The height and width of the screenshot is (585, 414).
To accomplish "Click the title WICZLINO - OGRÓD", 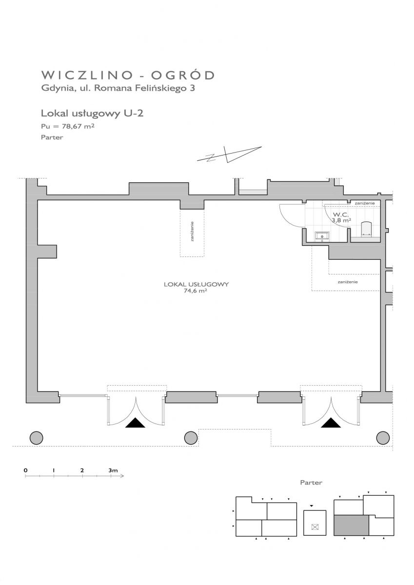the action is (x=128, y=75).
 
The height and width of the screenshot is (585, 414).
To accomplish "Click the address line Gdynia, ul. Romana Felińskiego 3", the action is (x=118, y=88).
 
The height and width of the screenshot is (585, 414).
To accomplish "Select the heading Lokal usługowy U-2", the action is (x=92, y=114).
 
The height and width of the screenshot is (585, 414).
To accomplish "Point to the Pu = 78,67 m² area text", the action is (x=68, y=126).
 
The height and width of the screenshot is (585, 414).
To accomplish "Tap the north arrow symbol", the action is (x=229, y=155).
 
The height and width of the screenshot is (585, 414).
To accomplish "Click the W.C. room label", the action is (x=340, y=214).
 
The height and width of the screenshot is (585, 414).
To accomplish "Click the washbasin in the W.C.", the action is (x=322, y=236).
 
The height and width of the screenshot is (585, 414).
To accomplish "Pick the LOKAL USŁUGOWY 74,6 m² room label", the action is (x=196, y=287).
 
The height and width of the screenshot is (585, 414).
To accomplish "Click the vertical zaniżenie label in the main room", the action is (x=192, y=232).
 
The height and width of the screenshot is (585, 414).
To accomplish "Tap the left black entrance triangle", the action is (x=135, y=423).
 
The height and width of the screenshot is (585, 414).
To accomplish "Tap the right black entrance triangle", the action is (x=331, y=423).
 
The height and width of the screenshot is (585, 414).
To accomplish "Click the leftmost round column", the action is (x=36, y=438).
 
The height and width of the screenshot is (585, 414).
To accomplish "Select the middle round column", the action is (x=191, y=438).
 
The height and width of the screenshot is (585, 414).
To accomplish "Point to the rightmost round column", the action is (x=383, y=438).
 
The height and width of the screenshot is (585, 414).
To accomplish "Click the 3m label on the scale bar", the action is (x=113, y=470).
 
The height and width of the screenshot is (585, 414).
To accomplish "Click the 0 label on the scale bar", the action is (x=25, y=470).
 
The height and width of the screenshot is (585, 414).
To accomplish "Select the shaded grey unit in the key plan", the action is (x=351, y=525).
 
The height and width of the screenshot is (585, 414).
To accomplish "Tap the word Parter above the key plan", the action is (x=311, y=483).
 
